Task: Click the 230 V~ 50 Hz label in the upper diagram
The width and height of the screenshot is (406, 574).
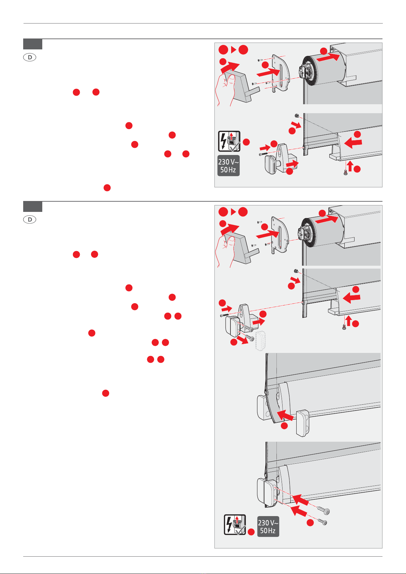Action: tap(228, 166)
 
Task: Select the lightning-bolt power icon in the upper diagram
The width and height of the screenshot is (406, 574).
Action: tap(229, 141)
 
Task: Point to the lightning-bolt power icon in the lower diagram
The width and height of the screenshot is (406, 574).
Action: tap(235, 525)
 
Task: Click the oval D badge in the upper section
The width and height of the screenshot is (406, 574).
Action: tap(30, 57)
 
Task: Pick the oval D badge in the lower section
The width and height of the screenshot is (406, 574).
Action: tap(30, 219)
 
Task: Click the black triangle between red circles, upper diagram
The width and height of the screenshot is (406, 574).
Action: tap(234, 49)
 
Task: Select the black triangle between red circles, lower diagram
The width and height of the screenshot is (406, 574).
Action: tap(233, 212)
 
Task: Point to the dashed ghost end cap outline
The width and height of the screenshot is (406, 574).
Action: tap(260, 341)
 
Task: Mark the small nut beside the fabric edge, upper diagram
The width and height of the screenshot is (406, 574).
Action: tap(297, 116)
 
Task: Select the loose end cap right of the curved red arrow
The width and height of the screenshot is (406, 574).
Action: tap(303, 423)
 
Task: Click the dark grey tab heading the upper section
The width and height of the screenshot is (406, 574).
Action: tap(33, 44)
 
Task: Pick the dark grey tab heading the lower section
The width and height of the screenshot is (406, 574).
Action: tap(33, 206)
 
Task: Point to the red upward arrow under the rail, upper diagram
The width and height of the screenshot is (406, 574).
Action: tap(350, 166)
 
